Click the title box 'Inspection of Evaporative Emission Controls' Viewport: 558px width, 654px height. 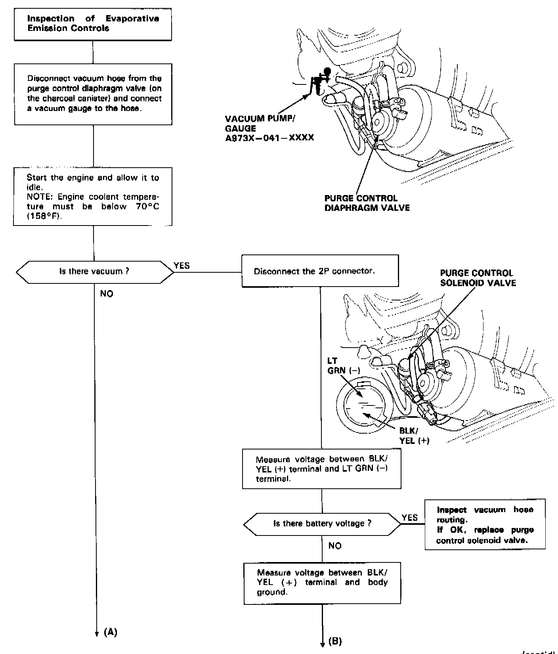(93, 23)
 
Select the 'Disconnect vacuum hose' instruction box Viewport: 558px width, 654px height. (93, 94)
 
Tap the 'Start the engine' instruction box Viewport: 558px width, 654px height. (93, 197)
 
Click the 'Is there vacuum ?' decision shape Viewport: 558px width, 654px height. (94, 272)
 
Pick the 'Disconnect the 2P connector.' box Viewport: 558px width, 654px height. (320, 271)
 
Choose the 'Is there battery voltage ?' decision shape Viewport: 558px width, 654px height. (322, 524)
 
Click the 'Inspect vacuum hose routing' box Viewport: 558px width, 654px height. (485, 524)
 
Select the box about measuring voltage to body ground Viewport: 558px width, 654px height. (322, 583)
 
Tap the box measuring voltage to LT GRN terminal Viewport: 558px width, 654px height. (321, 469)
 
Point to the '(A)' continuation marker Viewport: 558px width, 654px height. (110, 632)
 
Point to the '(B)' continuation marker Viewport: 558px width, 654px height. (335, 641)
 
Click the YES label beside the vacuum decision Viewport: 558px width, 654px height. (182, 266)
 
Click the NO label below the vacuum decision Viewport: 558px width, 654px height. (107, 294)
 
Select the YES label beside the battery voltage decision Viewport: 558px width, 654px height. (409, 518)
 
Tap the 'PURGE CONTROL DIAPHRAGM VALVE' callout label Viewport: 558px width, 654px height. (367, 203)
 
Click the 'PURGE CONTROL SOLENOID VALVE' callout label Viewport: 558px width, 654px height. (478, 278)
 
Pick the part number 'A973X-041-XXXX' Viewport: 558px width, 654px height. (269, 138)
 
